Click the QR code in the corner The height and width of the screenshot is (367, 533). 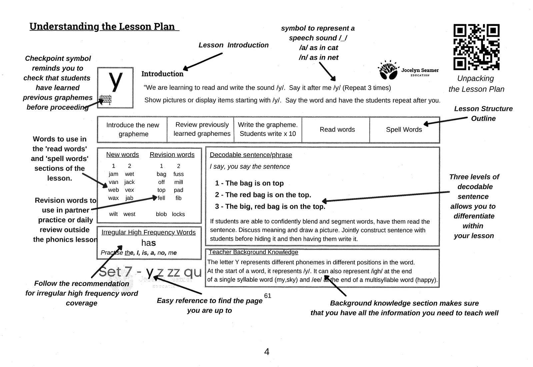click(x=476, y=47)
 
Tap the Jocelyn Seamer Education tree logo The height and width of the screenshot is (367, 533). click(x=389, y=71)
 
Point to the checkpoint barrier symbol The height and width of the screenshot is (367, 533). click(x=106, y=100)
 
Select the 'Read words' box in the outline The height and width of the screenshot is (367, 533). click(x=337, y=130)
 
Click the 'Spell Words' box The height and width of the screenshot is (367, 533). click(x=404, y=130)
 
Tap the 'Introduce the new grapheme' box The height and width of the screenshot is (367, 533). click(x=132, y=129)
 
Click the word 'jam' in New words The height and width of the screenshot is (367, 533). click(x=113, y=174)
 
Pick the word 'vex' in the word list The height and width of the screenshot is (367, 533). click(x=129, y=190)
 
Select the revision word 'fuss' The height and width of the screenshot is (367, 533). click(x=178, y=174)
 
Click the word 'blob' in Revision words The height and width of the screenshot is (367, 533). click(x=161, y=214)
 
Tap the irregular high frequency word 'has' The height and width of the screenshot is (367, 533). click(x=148, y=243)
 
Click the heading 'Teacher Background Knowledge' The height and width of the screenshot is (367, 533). click(x=253, y=252)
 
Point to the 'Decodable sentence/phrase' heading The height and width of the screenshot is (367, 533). click(x=251, y=155)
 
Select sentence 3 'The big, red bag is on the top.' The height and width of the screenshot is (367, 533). click(x=270, y=207)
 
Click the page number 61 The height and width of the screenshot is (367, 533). click(x=267, y=296)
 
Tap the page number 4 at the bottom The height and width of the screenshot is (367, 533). click(x=266, y=352)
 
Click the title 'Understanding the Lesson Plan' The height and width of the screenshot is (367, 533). click(x=102, y=27)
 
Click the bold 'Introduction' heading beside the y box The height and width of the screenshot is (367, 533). click(x=162, y=74)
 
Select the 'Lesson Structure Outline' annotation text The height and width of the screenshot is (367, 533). click(x=483, y=113)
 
